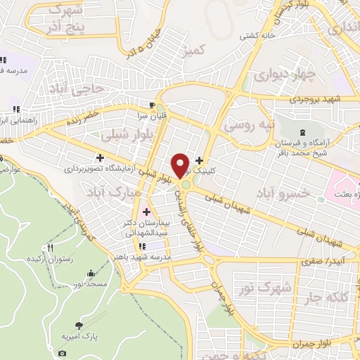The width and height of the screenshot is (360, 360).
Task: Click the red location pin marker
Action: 181,165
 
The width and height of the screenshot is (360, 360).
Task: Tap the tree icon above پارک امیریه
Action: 79,326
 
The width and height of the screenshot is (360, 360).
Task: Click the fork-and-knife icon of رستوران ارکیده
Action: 50,248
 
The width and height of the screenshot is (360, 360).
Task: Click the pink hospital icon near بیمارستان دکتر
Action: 147,212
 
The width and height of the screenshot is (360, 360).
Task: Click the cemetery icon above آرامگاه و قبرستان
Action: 302,132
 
